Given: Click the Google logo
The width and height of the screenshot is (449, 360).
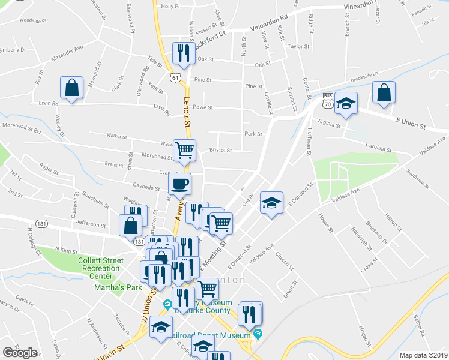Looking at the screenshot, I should (x=20, y=353).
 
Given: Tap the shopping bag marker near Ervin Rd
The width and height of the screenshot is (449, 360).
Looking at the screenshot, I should (x=72, y=88).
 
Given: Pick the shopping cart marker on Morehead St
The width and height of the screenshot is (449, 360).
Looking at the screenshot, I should (x=184, y=149).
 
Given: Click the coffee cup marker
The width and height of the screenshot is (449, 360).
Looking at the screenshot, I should (x=180, y=184).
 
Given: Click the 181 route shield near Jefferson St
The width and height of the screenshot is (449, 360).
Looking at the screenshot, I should (x=139, y=241).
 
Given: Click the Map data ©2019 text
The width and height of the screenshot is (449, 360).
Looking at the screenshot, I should (x=423, y=355).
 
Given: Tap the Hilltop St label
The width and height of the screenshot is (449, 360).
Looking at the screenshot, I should (x=393, y=221).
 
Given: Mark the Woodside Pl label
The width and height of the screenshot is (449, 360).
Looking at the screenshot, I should (x=32, y=20).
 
